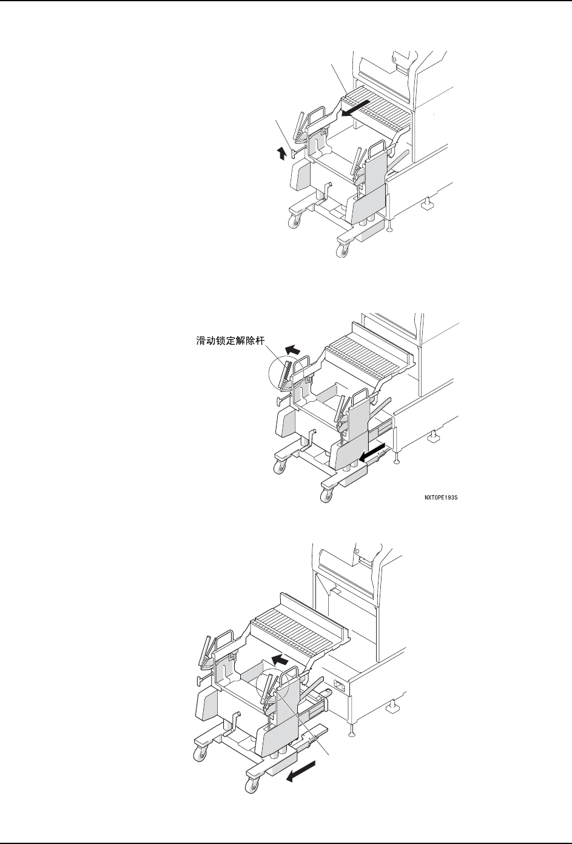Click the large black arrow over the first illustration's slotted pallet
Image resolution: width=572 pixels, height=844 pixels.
[x=354, y=109]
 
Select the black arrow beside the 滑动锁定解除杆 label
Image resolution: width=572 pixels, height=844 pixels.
[x=293, y=349]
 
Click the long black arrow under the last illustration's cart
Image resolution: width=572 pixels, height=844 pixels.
[x=301, y=775]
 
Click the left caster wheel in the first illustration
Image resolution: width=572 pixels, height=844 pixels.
[x=295, y=222]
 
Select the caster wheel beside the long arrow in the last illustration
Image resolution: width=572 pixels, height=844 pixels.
[x=251, y=785]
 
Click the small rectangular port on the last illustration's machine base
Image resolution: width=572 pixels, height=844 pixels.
[x=339, y=687]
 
